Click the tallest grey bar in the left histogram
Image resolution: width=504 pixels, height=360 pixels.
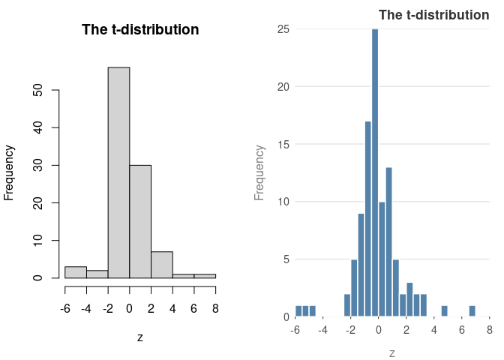coord(118,172)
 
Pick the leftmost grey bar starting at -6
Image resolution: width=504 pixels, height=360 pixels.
coord(75,272)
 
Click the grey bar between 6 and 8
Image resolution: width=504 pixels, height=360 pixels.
coord(205,276)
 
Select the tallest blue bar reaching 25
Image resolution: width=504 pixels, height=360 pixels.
coord(375,172)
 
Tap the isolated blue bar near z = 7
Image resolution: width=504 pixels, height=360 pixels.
coord(472,311)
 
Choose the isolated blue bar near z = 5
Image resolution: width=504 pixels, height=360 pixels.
coord(445,311)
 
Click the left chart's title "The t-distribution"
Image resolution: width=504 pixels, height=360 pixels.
coord(140,30)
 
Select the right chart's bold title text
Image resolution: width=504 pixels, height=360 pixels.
coord(433,15)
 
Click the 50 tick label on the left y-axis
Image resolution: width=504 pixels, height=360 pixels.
coord(37,90)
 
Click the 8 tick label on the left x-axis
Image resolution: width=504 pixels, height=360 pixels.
coord(216,308)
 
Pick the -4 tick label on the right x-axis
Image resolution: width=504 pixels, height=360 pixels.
coord(322,329)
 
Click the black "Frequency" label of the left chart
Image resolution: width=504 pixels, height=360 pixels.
coord(10,172)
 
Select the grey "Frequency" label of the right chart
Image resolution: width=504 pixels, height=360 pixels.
coord(260,172)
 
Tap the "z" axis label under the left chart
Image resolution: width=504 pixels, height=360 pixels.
coord(140,337)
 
